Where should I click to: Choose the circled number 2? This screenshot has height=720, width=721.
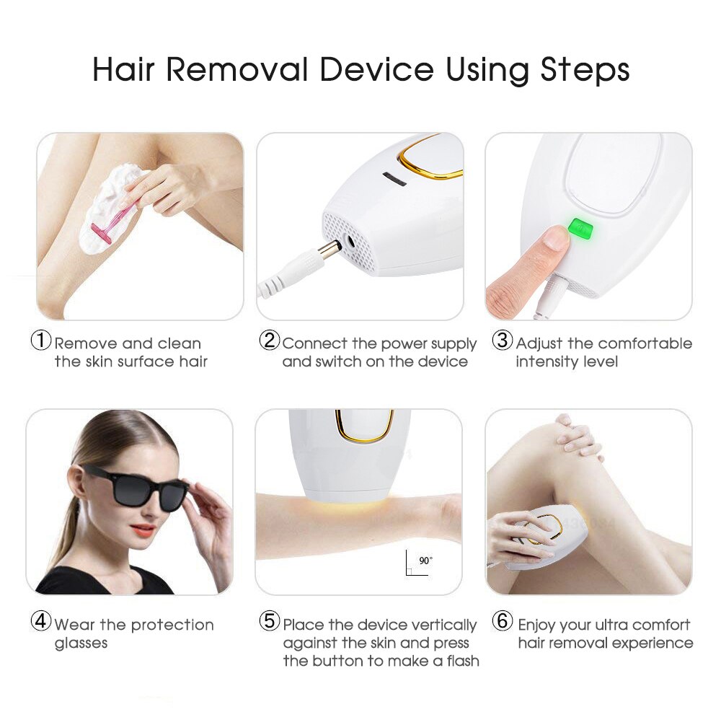tap(270, 341)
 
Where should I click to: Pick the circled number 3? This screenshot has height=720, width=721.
tap(502, 341)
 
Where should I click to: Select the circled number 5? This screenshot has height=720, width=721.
tap(270, 621)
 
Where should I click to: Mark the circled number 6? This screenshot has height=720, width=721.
tap(503, 621)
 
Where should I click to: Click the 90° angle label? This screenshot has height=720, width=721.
tap(425, 560)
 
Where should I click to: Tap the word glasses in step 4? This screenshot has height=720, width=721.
tap(81, 643)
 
